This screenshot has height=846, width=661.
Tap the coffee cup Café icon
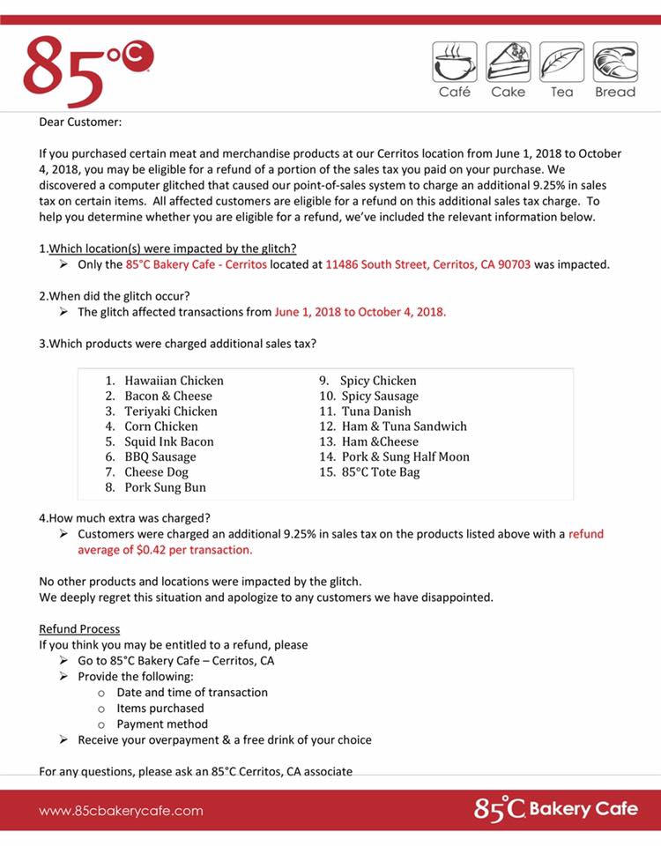click(454, 63)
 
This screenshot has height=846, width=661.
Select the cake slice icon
click(508, 63)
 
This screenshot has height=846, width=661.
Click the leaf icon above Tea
click(561, 63)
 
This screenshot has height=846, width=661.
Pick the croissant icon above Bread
click(615, 63)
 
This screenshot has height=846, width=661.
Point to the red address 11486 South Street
click(427, 264)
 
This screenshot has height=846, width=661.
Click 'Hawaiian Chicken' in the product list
click(174, 381)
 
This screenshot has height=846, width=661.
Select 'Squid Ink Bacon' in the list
click(168, 442)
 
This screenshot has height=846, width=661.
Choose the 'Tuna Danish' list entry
click(377, 411)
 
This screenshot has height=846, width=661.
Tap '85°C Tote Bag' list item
click(380, 472)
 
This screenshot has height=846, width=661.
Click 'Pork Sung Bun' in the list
click(165, 487)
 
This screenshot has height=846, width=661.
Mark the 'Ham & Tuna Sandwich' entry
click(404, 427)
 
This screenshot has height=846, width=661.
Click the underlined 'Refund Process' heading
click(79, 629)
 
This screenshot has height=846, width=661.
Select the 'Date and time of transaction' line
click(191, 693)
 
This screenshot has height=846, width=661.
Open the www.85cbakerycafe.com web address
click(121, 811)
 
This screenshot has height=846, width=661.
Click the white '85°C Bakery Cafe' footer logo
click(555, 809)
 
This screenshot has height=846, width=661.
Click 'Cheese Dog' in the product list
click(156, 472)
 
